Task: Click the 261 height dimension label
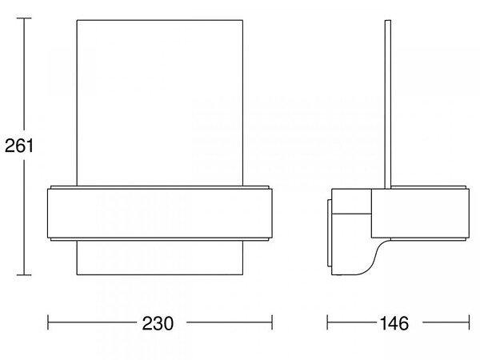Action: (x=18, y=146)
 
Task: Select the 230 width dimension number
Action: (x=158, y=323)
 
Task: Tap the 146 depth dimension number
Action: (x=394, y=323)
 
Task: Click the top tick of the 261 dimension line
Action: (x=24, y=18)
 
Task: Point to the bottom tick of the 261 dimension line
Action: (x=24, y=275)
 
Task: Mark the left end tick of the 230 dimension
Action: (x=48, y=322)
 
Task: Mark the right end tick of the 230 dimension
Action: (x=272, y=322)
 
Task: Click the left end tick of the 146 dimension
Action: (x=327, y=322)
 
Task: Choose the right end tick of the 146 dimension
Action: (x=469, y=322)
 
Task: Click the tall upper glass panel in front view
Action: (x=160, y=103)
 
